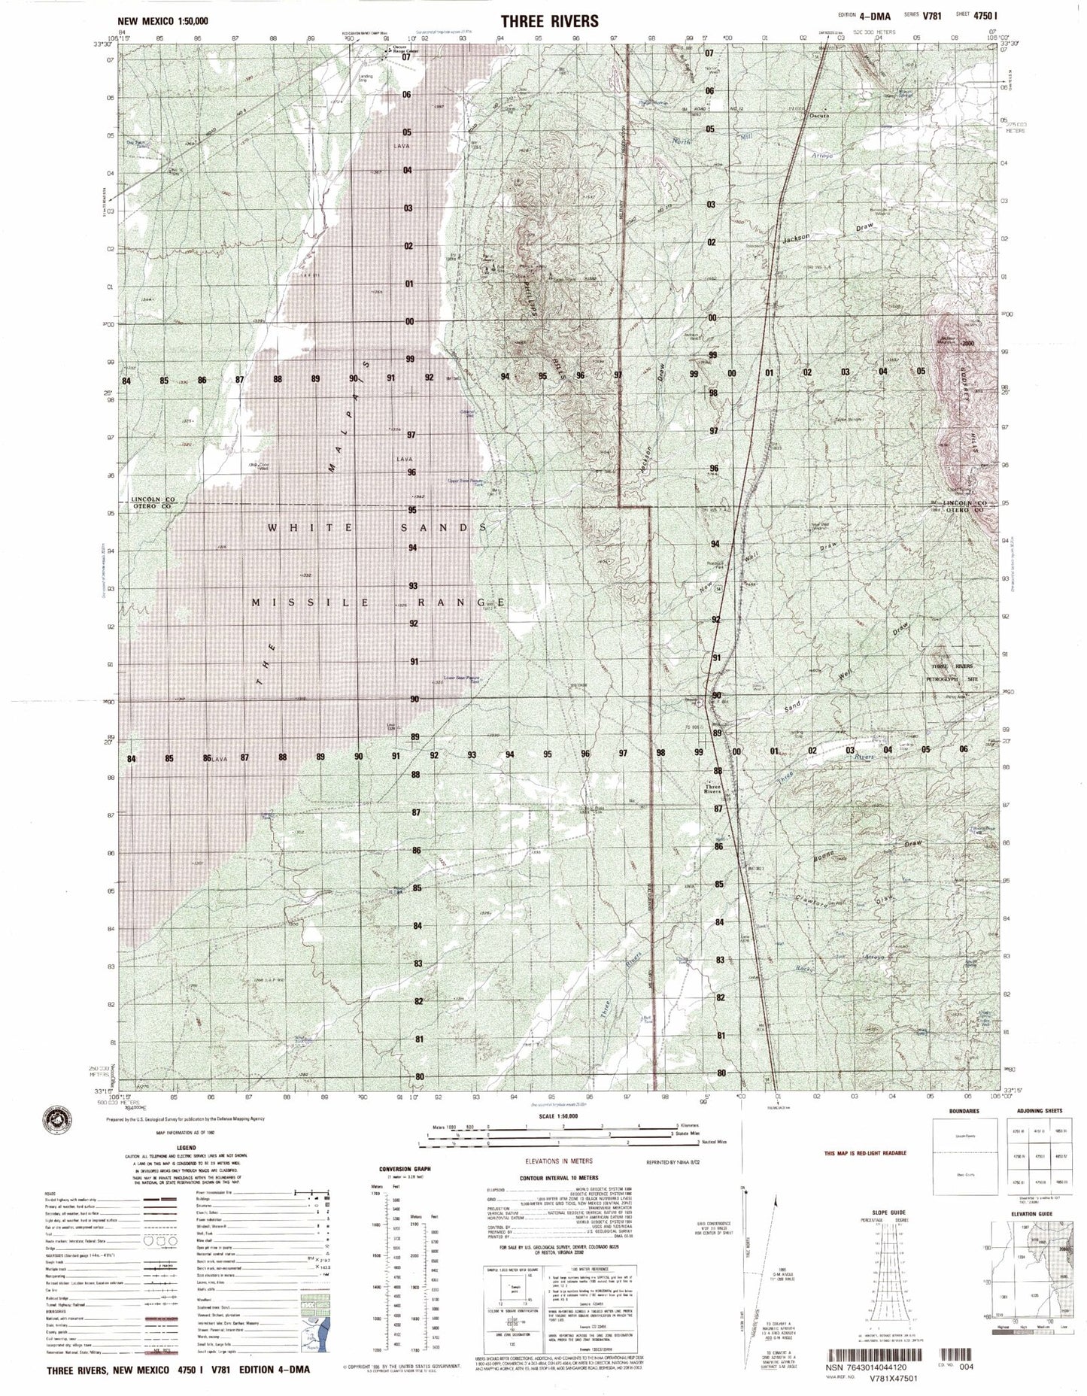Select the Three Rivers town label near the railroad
pos(712,790)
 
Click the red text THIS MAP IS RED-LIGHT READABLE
pos(865,1152)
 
